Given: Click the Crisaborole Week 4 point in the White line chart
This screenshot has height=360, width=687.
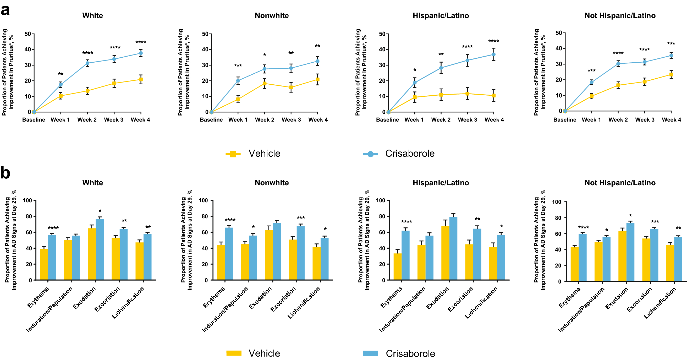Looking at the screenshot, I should click(x=141, y=53).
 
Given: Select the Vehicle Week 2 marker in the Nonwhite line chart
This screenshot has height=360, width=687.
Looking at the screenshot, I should click(x=264, y=84).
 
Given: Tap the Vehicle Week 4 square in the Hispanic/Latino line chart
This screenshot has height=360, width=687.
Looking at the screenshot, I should click(x=494, y=96).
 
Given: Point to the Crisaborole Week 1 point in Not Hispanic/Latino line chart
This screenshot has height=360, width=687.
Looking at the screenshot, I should click(x=591, y=82).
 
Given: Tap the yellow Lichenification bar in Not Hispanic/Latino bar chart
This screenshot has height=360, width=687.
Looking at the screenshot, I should click(x=670, y=263).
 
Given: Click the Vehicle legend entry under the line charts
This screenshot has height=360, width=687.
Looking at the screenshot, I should click(x=253, y=154).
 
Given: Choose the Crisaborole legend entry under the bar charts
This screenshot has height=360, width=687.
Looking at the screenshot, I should click(x=399, y=353).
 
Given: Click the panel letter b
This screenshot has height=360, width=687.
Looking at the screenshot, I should click(x=5, y=173).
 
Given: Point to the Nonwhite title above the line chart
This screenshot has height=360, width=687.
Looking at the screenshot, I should click(x=272, y=15).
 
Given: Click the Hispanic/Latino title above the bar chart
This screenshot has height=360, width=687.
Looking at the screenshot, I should click(x=441, y=183).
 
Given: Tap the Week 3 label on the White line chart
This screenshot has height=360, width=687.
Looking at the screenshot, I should click(x=114, y=120).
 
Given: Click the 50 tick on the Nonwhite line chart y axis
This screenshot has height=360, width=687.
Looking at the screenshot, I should click(x=205, y=34).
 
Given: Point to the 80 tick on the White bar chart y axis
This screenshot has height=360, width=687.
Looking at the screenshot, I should click(x=29, y=216).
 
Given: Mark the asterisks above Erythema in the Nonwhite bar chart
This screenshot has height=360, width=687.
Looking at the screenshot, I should click(x=230, y=220).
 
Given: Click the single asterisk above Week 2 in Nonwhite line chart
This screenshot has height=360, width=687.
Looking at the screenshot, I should click(x=265, y=55).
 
